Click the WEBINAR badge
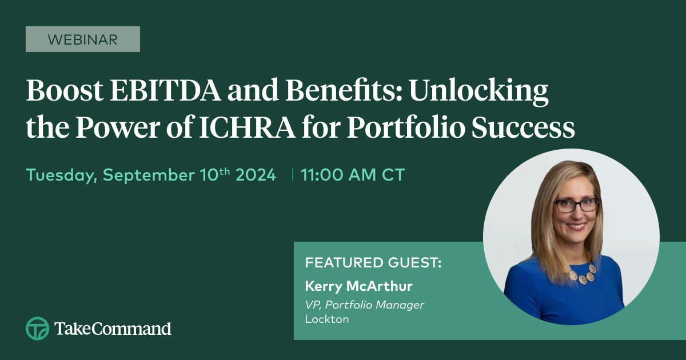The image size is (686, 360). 83,39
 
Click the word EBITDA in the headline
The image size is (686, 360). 165,91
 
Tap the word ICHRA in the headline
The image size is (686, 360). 247,127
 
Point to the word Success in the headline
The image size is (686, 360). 523,127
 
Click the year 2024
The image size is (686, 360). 256,175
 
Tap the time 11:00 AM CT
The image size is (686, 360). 353,175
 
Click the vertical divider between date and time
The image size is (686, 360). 293,174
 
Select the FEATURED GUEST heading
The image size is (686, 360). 373,263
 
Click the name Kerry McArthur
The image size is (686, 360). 358,286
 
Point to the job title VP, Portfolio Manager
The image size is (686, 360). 365,305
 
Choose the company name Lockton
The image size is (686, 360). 327,319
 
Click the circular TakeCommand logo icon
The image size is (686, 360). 37,329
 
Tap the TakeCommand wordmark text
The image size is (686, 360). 113,329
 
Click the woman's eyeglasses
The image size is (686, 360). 577,205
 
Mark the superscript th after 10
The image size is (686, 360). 225,171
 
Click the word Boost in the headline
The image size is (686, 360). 65,91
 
